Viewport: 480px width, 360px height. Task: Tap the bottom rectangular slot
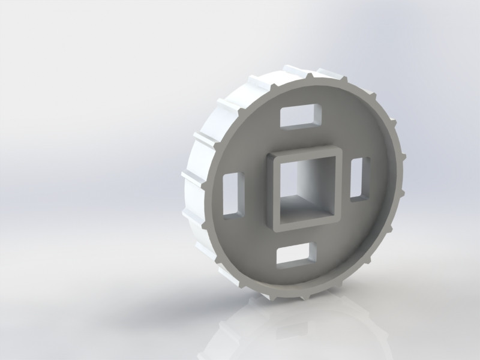pyautogui.click(x=295, y=255)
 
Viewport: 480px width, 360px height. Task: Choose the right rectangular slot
pyautogui.click(x=359, y=178)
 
